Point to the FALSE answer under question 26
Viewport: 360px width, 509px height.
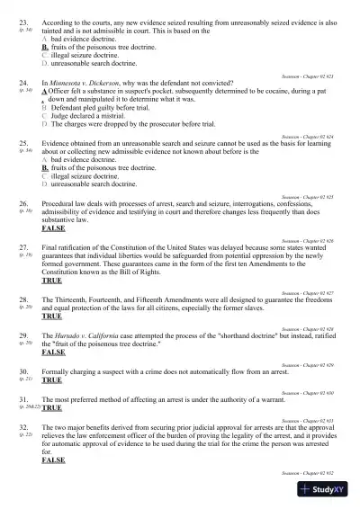pyautogui.click(x=53, y=228)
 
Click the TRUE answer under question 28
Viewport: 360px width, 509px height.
pyautogui.click(x=52, y=317)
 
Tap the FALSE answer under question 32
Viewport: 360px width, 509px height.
pyautogui.click(x=53, y=460)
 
